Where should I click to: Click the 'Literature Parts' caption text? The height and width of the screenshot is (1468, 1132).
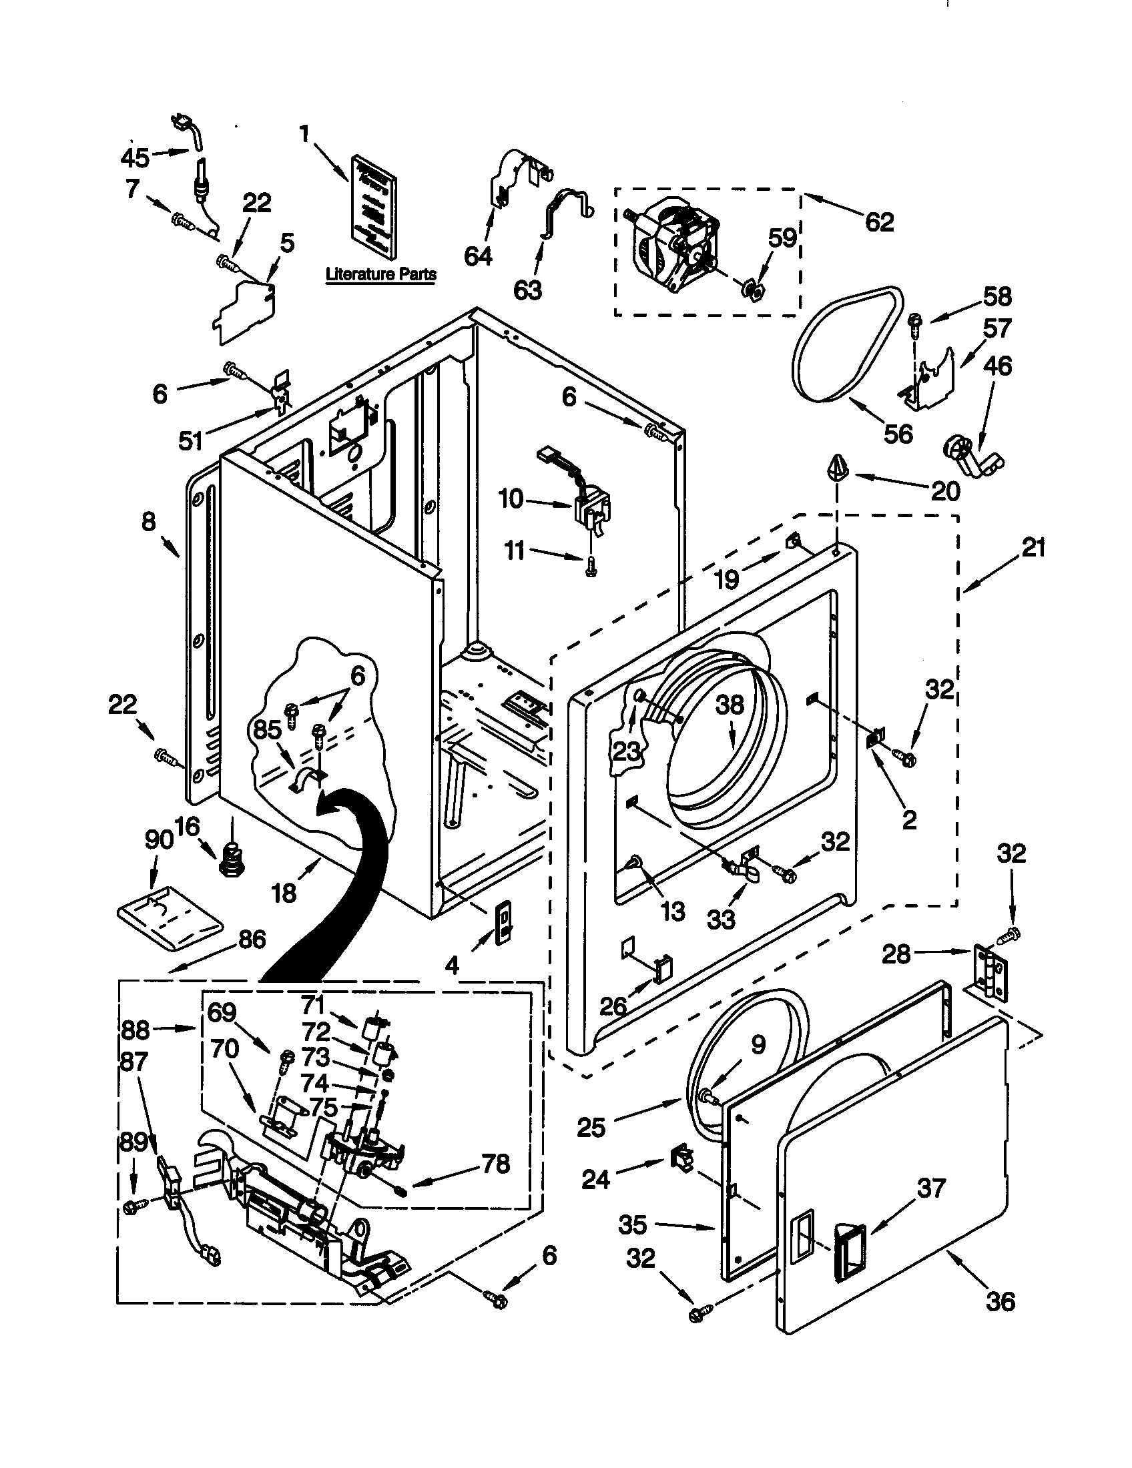pos(380,274)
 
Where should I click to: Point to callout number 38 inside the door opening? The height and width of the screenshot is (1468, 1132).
pos(730,705)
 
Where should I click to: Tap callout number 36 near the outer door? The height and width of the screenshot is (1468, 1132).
pos(1000,1302)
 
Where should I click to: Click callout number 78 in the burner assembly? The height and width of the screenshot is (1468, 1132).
pos(496,1164)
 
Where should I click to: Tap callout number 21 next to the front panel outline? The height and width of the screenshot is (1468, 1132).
pos(1034,548)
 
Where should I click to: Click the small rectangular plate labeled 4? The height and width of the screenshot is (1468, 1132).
pos(503,923)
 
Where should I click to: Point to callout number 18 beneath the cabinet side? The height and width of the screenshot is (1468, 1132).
pos(284,893)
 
